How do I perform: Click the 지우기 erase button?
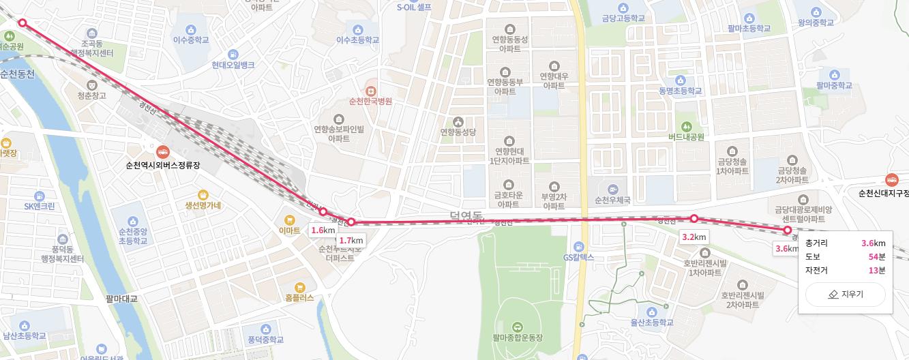846,295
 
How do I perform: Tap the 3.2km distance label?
694,237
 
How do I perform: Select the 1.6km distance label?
324,230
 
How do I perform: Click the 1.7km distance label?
351,240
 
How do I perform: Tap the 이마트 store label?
290,230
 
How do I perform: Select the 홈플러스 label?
299,297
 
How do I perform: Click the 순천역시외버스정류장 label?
163,164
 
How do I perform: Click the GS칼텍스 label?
579,257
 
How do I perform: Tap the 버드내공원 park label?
686,136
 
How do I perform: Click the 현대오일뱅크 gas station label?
233,65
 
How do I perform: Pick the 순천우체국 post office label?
612,200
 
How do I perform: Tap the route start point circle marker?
23,23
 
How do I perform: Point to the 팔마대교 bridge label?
121,298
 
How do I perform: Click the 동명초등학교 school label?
680,90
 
